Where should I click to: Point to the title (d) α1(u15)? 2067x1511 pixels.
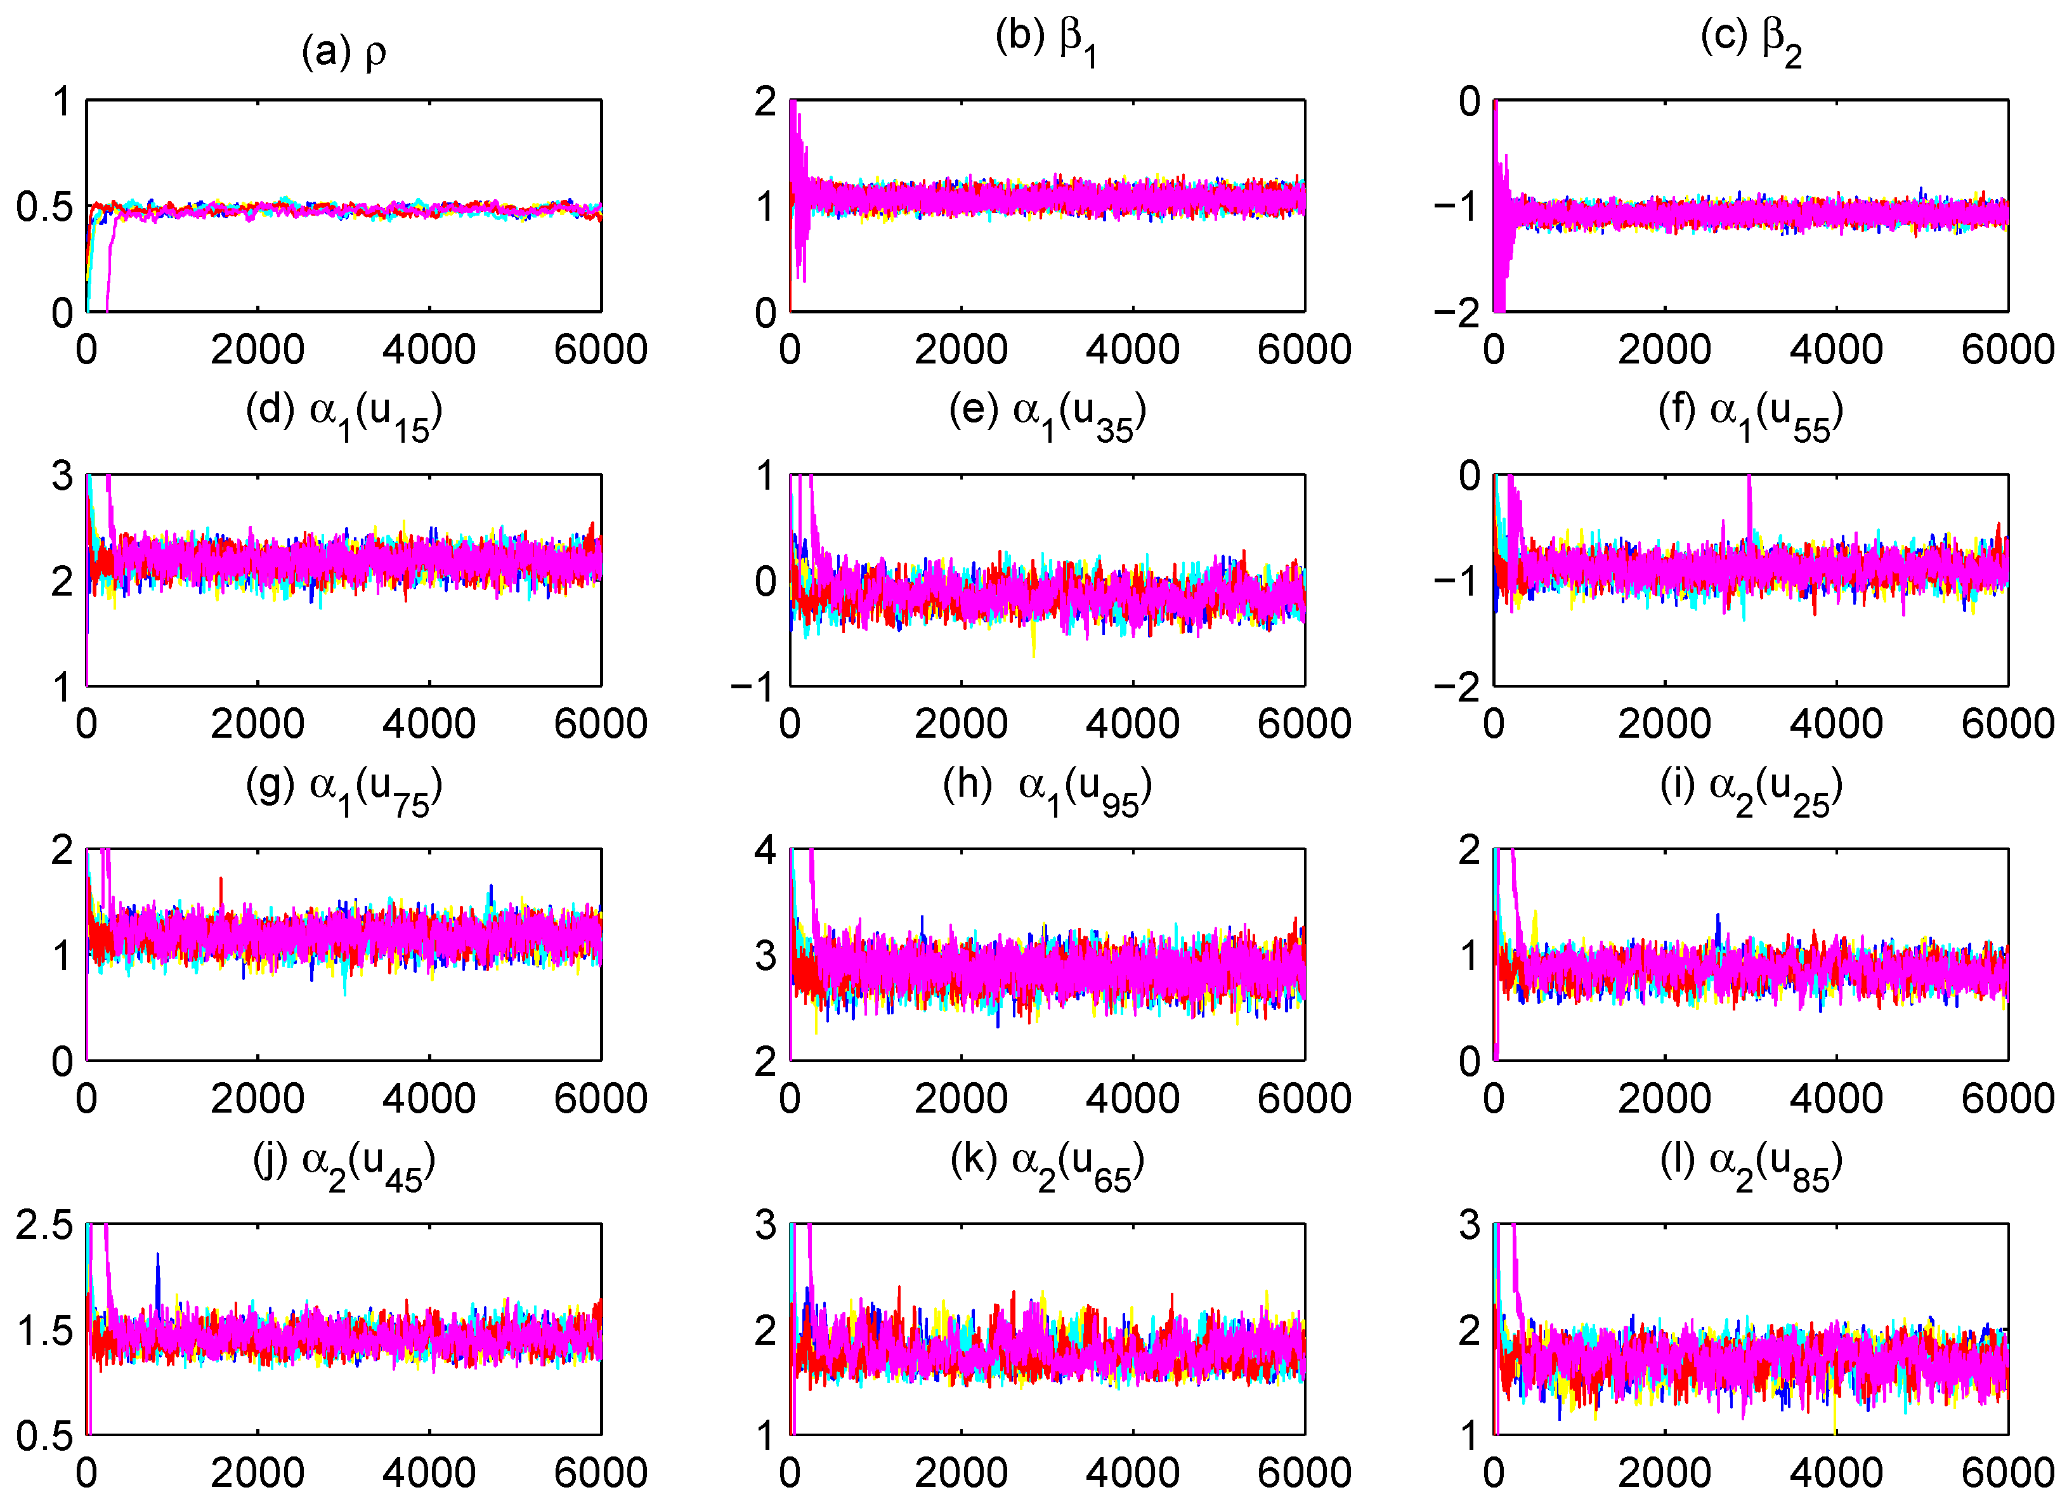[x=344, y=416]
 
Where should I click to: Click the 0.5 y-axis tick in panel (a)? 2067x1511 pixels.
[x=44, y=207]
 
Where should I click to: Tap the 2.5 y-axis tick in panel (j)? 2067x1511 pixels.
[x=44, y=1226]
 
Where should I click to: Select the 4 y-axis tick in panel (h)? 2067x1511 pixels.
[x=765, y=851]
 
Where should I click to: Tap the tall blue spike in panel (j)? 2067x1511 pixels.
[x=157, y=1271]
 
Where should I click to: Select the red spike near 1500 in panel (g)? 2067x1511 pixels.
[x=221, y=887]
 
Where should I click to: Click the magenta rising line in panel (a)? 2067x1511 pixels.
[x=112, y=256]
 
